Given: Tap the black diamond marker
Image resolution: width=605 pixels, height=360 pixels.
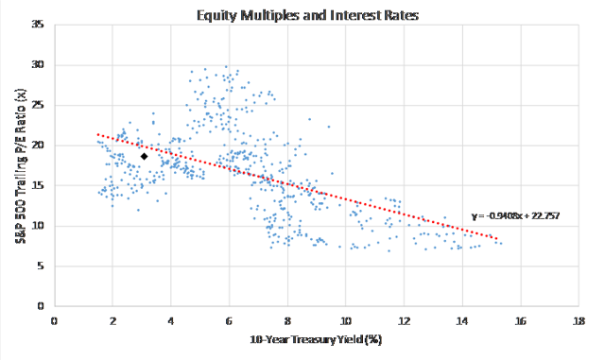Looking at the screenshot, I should (145, 157).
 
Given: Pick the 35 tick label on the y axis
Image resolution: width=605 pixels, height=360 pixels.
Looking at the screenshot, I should (39, 24).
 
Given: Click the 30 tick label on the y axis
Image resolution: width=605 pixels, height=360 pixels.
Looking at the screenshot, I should (39, 64).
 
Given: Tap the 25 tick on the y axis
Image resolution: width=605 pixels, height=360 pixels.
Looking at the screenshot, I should (39, 105).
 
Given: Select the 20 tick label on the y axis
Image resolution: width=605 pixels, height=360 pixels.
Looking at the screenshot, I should (39, 145).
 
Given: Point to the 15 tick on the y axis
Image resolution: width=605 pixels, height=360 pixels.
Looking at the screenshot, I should (39, 185).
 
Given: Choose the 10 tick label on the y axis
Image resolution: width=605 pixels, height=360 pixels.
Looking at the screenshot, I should (39, 226).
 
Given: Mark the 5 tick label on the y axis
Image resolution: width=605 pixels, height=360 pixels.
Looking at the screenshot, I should (42, 266).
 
